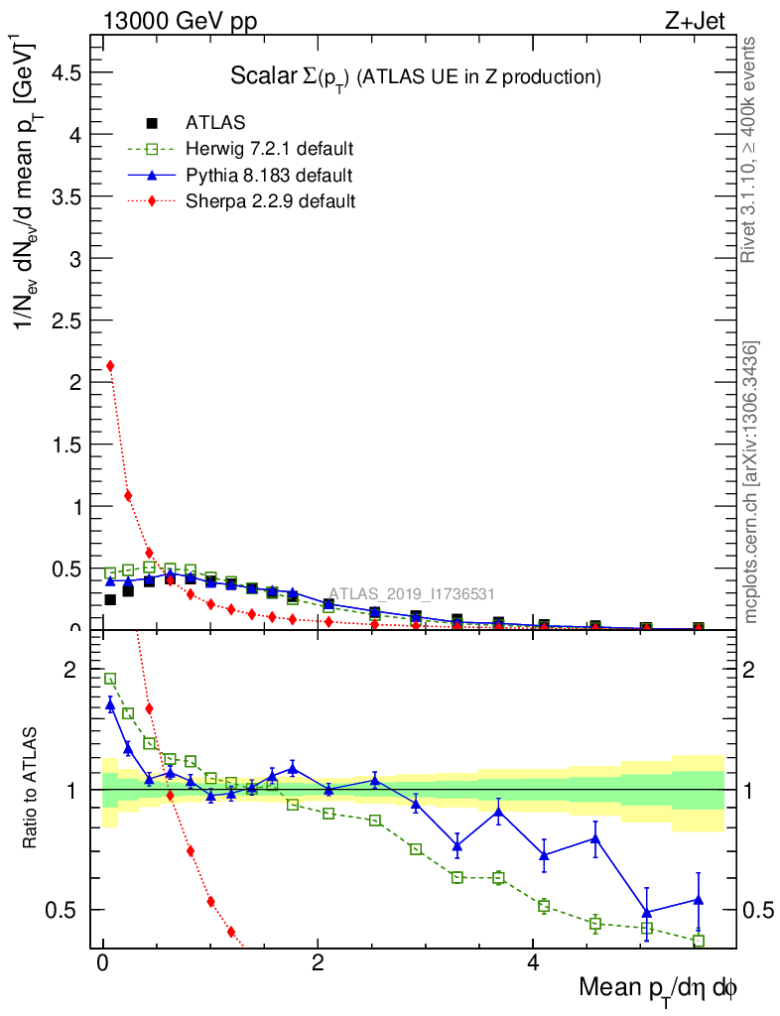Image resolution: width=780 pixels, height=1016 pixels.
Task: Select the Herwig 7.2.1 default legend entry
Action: click(269, 150)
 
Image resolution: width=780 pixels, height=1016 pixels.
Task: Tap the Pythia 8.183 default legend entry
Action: click(268, 176)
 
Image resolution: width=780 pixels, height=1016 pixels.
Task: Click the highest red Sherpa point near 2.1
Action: click(110, 366)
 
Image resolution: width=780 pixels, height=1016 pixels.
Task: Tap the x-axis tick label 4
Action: click(533, 963)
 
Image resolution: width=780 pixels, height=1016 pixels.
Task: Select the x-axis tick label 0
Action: click(103, 963)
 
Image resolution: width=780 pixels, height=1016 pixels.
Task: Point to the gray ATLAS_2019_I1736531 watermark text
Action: click(412, 594)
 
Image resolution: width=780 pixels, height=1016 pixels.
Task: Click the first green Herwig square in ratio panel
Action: click(110, 679)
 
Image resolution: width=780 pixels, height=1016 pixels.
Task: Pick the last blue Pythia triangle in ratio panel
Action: click(699, 900)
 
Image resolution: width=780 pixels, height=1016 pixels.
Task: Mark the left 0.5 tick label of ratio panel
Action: click(66, 910)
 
